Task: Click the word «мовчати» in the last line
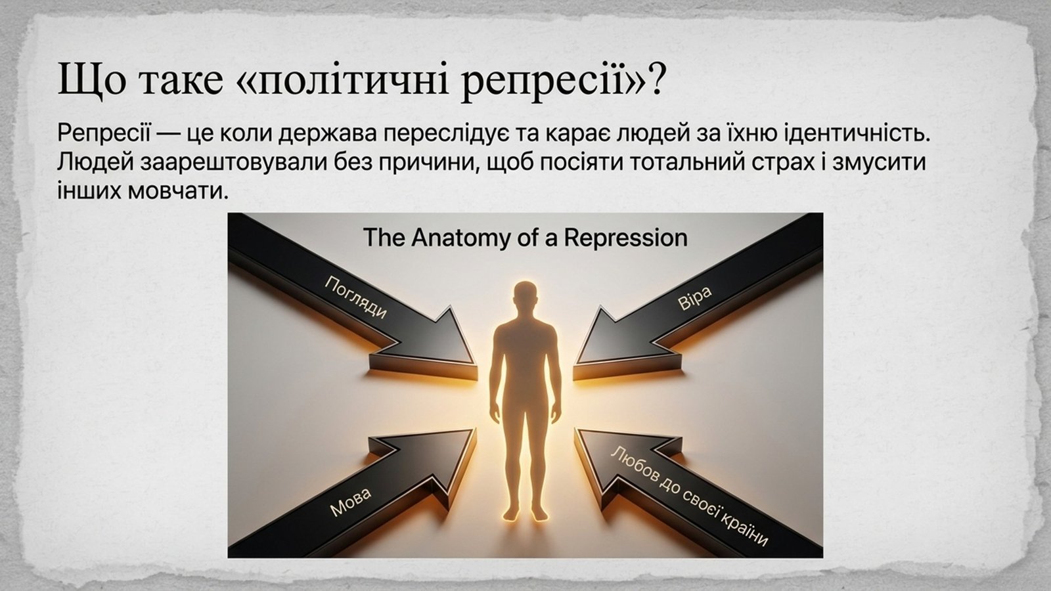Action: point(178,191)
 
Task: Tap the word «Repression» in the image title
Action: point(625,238)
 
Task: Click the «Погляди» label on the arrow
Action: point(356,297)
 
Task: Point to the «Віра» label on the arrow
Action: point(695,298)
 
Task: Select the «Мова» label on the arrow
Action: point(350,502)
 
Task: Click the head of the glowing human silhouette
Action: point(525,299)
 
